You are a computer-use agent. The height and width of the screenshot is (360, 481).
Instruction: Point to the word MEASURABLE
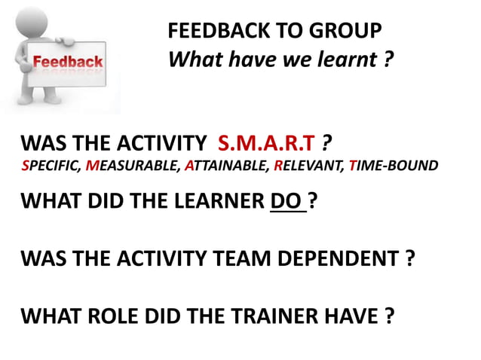tap(133, 166)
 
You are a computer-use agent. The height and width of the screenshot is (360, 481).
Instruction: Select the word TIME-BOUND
tap(391, 166)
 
